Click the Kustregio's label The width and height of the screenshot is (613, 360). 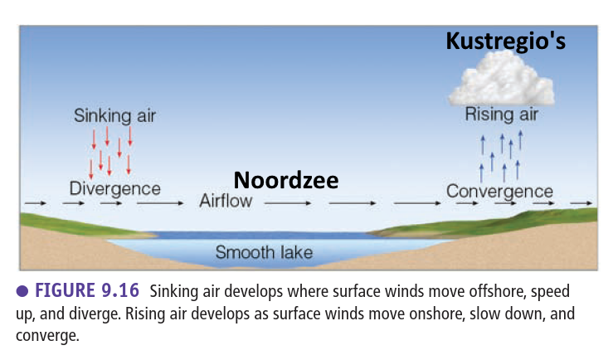coord(505,41)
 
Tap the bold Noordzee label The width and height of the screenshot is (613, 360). coord(286,180)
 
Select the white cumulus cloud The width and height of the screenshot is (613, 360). coord(502,78)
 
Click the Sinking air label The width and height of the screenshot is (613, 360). coord(115,115)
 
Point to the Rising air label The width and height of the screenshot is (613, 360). coord(502,114)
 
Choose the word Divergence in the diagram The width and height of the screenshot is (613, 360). coord(115,189)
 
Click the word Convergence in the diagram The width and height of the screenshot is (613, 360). coord(499,192)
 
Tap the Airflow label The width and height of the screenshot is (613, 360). coord(226,201)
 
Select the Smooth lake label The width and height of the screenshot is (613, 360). coord(265,252)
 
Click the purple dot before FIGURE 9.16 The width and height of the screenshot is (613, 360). coord(22,291)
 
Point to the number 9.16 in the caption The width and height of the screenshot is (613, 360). coord(120,290)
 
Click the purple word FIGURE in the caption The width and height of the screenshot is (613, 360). coord(66,290)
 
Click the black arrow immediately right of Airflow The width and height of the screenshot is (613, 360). coord(288,203)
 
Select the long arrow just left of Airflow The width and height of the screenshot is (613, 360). coord(160,203)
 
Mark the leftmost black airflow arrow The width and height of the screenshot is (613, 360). coord(36,203)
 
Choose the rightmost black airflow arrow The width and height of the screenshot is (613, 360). coord(581,203)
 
